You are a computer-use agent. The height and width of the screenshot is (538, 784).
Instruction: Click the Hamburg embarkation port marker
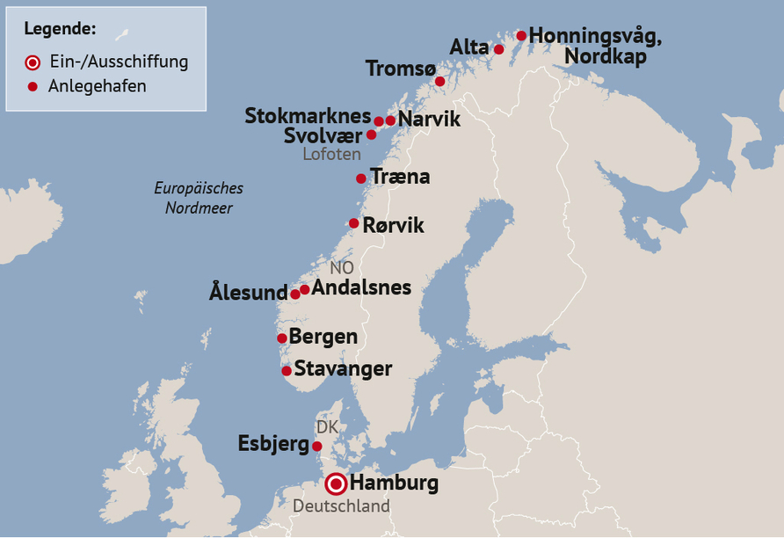(x=336, y=483)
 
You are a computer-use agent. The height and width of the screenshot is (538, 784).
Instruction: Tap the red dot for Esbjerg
(x=317, y=446)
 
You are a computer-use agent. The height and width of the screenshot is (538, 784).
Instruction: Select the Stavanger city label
(x=343, y=368)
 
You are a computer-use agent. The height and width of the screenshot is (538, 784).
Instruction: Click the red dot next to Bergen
(x=282, y=338)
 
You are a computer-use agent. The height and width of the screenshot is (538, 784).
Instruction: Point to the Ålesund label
(x=249, y=293)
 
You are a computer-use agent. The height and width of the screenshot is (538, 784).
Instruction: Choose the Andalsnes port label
(x=361, y=287)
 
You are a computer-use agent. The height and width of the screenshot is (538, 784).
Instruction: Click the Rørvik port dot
(x=354, y=223)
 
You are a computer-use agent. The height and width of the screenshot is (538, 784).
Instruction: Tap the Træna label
(x=400, y=177)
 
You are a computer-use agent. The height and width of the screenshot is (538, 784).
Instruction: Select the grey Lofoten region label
(x=331, y=154)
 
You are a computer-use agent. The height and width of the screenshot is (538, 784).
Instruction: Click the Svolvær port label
(x=323, y=135)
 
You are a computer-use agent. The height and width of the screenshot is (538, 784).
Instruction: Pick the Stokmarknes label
(x=308, y=115)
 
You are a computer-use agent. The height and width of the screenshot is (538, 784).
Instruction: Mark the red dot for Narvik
(x=390, y=120)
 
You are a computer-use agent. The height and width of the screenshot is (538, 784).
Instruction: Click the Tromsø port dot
(x=440, y=82)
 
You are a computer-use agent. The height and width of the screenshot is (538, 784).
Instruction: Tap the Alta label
(x=469, y=47)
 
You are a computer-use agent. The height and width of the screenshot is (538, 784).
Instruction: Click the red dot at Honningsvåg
(x=521, y=36)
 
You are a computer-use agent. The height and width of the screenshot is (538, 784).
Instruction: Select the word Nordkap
(x=606, y=56)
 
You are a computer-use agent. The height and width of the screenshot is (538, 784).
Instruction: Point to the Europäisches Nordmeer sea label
(x=199, y=198)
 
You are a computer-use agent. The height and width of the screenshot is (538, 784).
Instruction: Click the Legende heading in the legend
(x=60, y=28)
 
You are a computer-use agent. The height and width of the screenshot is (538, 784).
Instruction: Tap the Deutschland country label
(x=341, y=506)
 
